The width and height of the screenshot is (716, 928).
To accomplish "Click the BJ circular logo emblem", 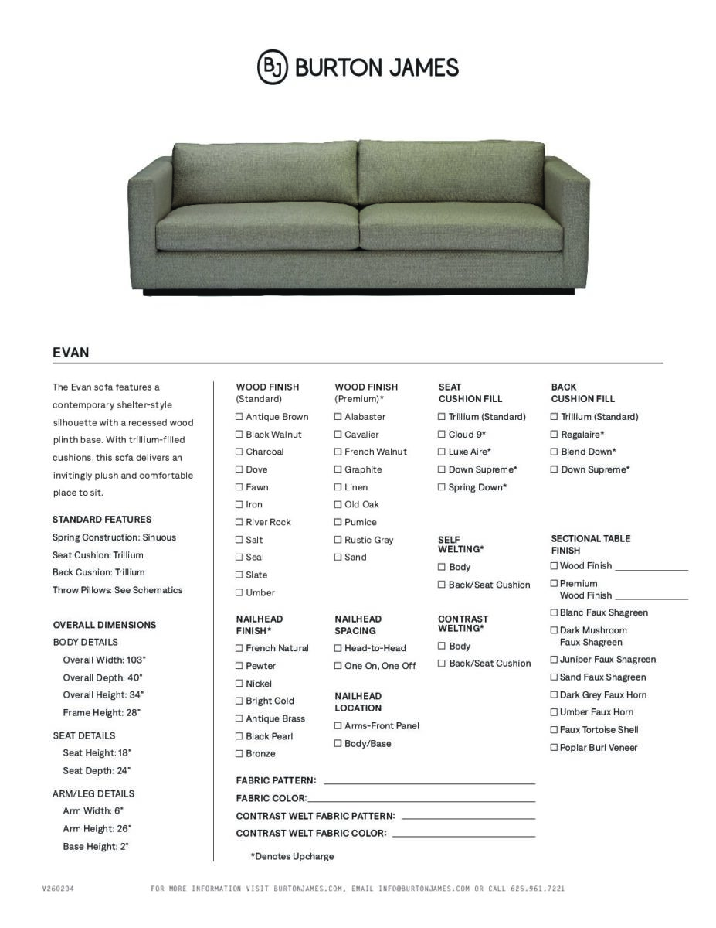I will [x=272, y=67].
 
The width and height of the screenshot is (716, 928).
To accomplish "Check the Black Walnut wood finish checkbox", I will [x=239, y=435].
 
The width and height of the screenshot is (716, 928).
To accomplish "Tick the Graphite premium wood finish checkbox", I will [x=338, y=469].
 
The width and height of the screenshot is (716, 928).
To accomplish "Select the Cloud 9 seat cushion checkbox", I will [x=442, y=435].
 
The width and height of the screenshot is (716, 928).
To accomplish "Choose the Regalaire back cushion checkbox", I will [x=554, y=435].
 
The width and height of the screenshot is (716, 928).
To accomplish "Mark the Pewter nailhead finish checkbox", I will [x=239, y=666].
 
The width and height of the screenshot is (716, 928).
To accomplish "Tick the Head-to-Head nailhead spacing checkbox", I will [x=338, y=648].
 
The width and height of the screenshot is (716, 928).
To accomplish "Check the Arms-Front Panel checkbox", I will [x=338, y=725].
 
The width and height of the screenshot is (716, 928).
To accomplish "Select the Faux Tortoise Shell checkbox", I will [x=554, y=730].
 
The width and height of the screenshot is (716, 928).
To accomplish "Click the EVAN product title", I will [x=71, y=353].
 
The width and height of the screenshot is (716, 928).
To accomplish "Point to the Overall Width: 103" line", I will [x=104, y=660].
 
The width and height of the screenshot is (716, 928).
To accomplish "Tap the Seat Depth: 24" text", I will [x=97, y=770].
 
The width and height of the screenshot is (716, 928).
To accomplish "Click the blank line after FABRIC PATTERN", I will [x=429, y=783].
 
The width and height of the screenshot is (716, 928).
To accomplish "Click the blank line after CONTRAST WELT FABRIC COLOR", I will [x=463, y=835].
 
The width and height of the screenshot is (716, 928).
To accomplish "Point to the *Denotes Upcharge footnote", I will [x=292, y=856].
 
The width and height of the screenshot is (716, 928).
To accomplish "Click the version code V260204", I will [x=58, y=889].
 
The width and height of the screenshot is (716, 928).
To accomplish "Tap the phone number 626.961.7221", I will [x=538, y=889].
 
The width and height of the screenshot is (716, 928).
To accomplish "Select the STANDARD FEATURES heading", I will [x=102, y=520].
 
